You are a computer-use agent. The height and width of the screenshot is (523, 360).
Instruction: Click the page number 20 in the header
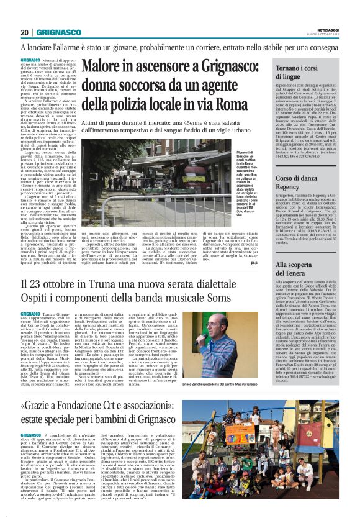(24, 32)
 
